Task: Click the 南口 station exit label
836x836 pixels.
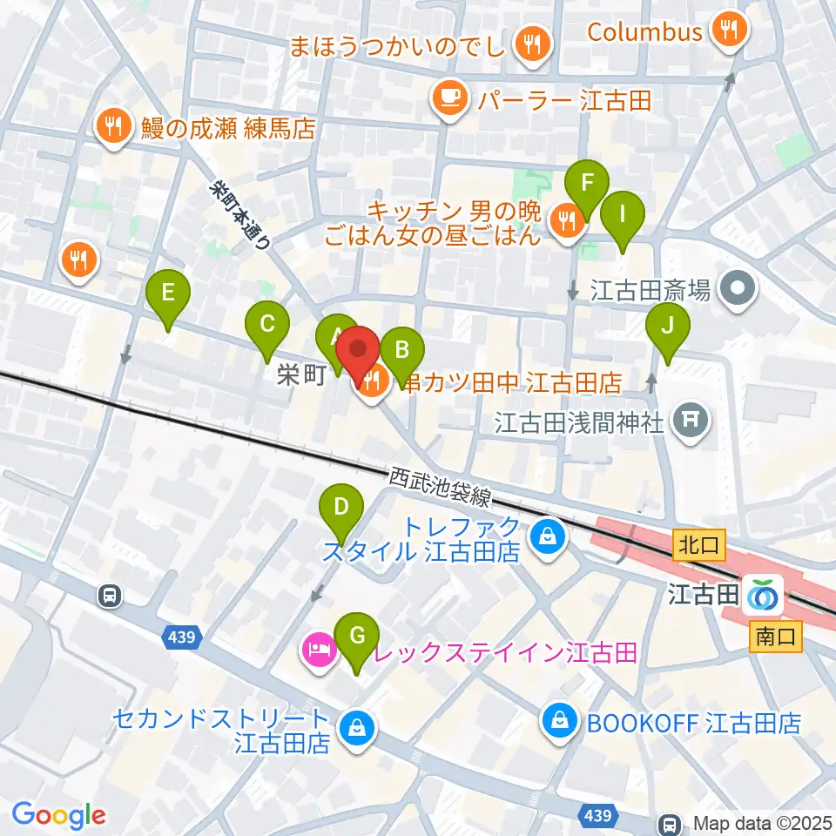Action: click(774, 637)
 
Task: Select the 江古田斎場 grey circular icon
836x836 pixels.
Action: click(739, 287)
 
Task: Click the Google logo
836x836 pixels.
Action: click(59, 816)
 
